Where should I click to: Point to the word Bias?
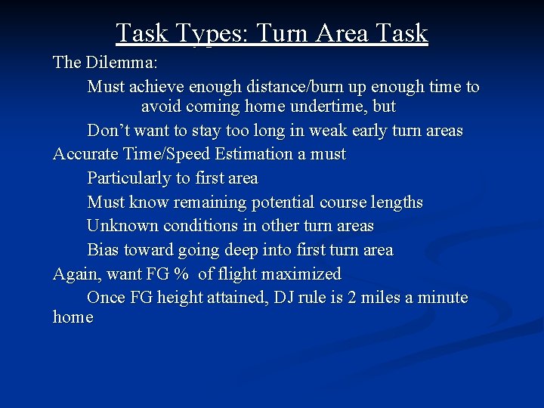pyautogui.click(x=102, y=250)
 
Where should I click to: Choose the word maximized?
pyautogui.click(x=301, y=274)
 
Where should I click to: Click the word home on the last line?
pyautogui.click(x=73, y=317)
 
